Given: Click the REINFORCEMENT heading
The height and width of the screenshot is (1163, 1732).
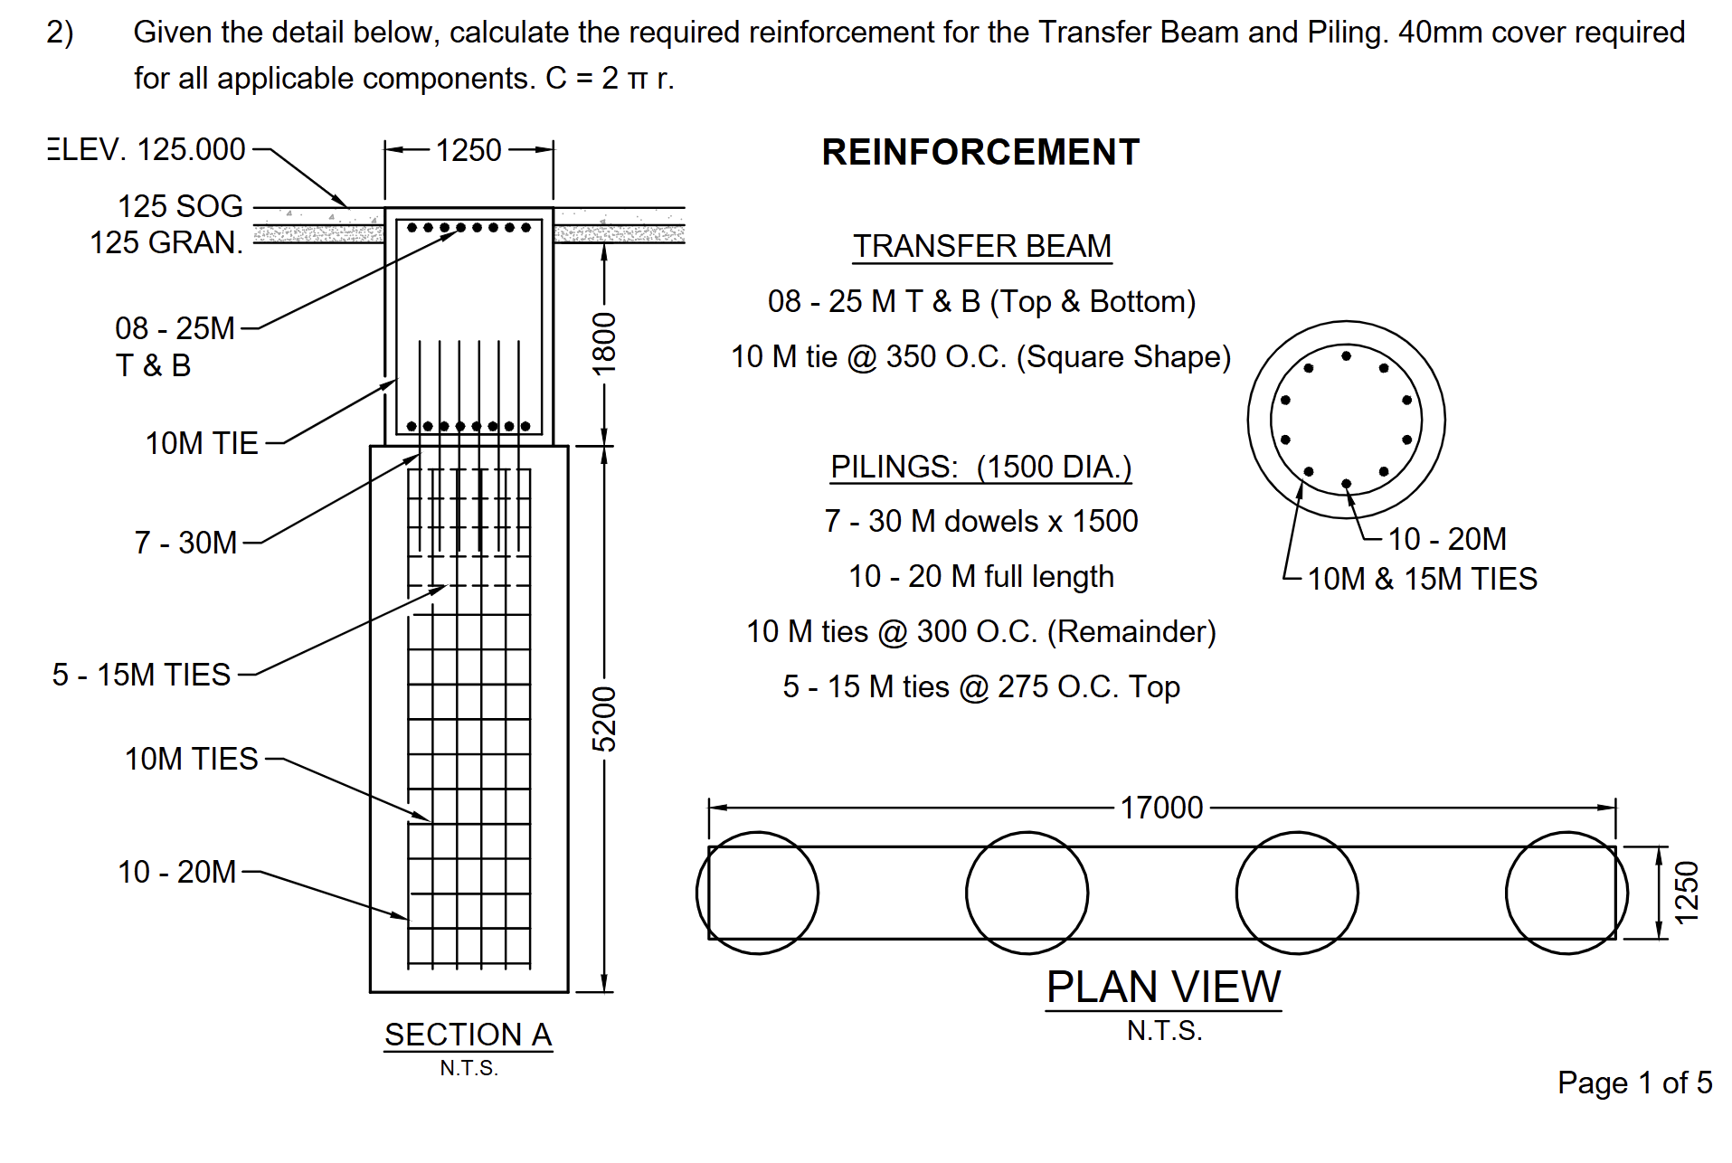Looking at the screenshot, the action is click(x=980, y=152).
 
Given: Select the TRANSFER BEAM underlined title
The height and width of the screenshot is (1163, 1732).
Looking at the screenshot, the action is click(x=982, y=246).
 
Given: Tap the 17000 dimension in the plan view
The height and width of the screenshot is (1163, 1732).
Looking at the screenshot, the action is click(x=1161, y=808).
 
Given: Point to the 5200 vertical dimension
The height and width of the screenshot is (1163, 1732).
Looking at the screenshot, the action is click(x=604, y=719).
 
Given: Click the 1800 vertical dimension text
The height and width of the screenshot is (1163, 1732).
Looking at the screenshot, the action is click(x=604, y=344).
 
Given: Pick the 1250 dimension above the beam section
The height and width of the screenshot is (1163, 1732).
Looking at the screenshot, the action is click(x=468, y=150).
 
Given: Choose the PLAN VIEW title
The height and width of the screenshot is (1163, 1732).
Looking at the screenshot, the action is click(x=1163, y=987).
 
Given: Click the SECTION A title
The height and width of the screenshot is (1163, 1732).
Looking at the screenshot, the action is click(x=468, y=1035).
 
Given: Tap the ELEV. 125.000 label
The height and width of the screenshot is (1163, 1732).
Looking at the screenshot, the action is click(x=147, y=149).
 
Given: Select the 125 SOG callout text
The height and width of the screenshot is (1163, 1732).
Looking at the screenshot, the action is click(x=180, y=206).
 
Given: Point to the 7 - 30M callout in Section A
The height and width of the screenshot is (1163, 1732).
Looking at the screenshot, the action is click(x=185, y=543).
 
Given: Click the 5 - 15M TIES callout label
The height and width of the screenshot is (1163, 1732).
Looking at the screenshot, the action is click(x=141, y=675).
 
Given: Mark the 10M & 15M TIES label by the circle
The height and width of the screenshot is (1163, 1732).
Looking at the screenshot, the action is click(x=1423, y=579).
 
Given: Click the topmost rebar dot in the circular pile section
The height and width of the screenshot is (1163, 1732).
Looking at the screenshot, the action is click(x=1346, y=356).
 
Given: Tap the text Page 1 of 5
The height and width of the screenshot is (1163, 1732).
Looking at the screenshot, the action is click(x=1634, y=1083).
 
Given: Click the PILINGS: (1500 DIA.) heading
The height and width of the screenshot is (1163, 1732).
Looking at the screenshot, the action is click(x=981, y=467).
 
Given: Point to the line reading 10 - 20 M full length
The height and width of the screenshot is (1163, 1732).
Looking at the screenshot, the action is click(x=981, y=576).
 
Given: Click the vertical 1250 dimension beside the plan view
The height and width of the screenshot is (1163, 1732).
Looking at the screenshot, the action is click(x=1687, y=893).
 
